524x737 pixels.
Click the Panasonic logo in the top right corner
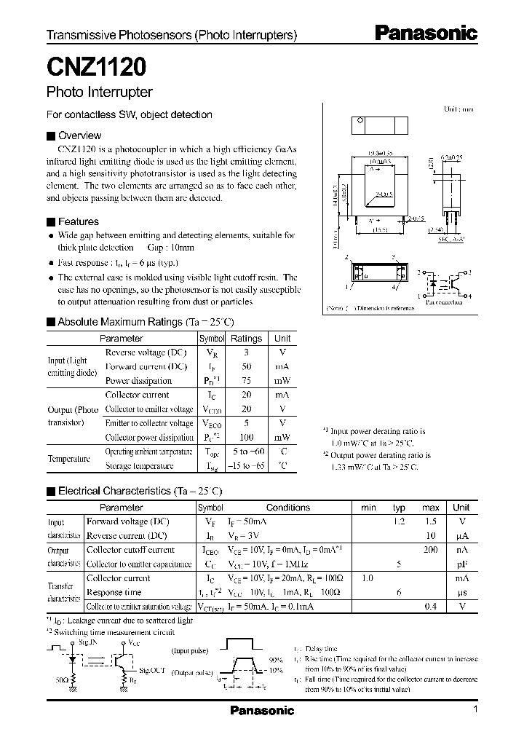426,33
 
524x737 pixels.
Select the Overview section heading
79,135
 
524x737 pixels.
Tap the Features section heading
78,221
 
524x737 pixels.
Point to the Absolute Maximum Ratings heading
146,322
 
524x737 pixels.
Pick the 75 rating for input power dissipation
246,380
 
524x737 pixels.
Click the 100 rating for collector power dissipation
246,438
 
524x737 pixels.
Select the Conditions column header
287,508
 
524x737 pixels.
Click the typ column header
399,508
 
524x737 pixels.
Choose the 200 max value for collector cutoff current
430,550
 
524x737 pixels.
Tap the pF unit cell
461,564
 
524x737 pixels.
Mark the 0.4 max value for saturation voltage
430,606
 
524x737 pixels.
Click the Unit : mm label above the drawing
458,109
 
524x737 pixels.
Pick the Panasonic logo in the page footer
262,711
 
